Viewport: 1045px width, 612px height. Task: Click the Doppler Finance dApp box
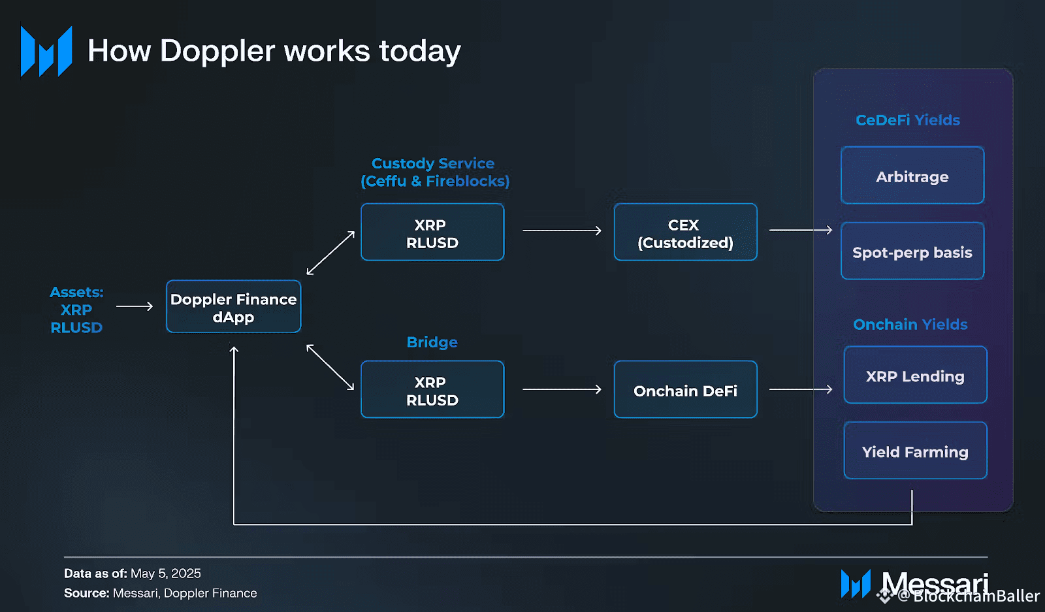click(x=233, y=307)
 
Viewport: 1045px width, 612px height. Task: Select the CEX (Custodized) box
click(x=685, y=233)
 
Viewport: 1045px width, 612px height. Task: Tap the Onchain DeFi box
click(x=685, y=390)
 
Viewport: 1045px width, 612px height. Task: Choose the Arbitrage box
click(x=912, y=176)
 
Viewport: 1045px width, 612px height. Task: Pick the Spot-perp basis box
click(x=912, y=251)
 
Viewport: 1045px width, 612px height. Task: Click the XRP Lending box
click(x=914, y=376)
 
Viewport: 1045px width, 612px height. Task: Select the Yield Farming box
click(x=914, y=451)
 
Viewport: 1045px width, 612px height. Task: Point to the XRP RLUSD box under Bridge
click(x=432, y=390)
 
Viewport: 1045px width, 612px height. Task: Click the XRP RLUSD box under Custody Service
click(x=432, y=233)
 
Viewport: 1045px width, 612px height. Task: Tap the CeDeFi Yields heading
click(x=907, y=120)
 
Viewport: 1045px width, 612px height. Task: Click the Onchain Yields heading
click(x=910, y=325)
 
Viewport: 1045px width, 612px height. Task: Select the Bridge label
click(x=432, y=342)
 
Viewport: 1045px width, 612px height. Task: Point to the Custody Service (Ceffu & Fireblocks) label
click(x=434, y=172)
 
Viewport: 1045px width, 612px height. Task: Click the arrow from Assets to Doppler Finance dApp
click(x=134, y=306)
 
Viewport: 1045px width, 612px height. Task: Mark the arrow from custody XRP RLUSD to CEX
click(x=562, y=231)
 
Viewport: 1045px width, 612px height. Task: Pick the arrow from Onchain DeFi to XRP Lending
click(x=801, y=389)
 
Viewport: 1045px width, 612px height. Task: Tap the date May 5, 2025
click(x=165, y=573)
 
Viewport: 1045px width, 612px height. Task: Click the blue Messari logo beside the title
click(x=46, y=52)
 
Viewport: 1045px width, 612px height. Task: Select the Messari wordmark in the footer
click(x=935, y=582)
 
